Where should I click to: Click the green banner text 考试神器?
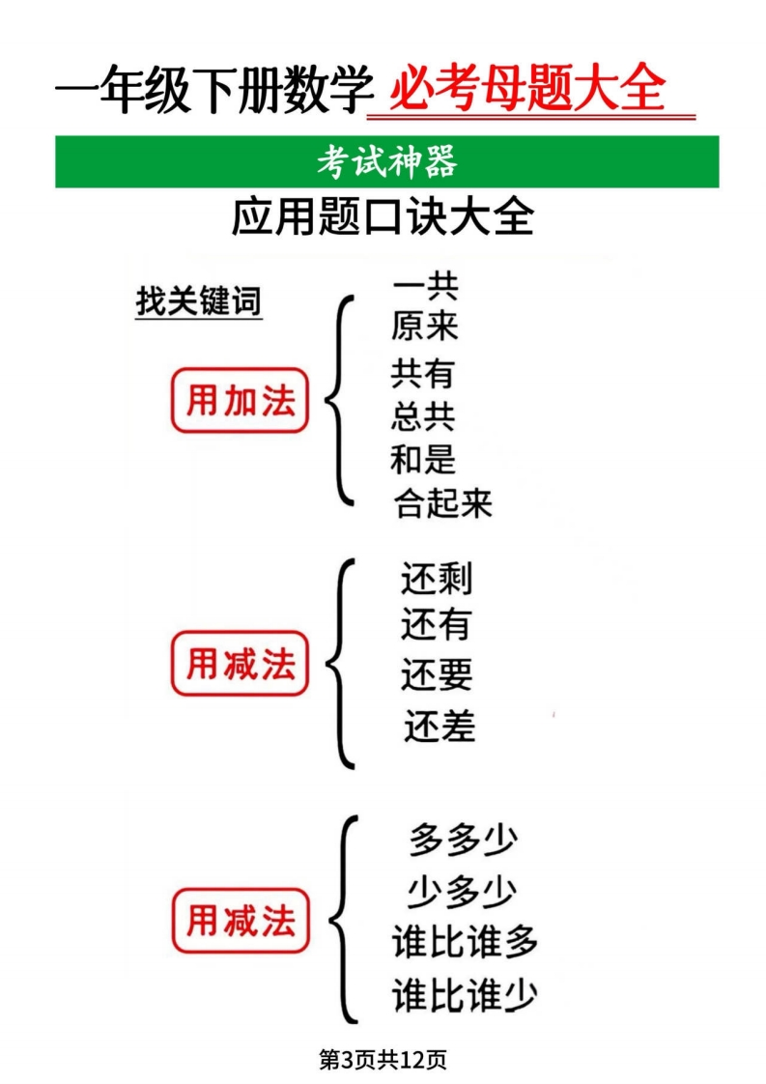pos(387,161)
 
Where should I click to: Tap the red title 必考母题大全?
pos(528,89)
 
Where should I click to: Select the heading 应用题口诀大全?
pos(383,217)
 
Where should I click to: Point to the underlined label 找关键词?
pos(199,302)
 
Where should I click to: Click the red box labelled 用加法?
pos(240,400)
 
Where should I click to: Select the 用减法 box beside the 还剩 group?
pos(240,663)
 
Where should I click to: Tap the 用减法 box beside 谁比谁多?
pos(241,920)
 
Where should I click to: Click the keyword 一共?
pos(425,285)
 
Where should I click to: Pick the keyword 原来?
pos(424,327)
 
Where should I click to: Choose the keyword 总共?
pos(423,416)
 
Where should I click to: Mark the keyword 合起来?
pos(443,503)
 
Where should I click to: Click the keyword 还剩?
pos(437,580)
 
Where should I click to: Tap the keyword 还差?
pos(440,726)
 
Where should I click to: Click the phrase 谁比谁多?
pos(465,942)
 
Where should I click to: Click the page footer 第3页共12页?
pos(383,1059)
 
